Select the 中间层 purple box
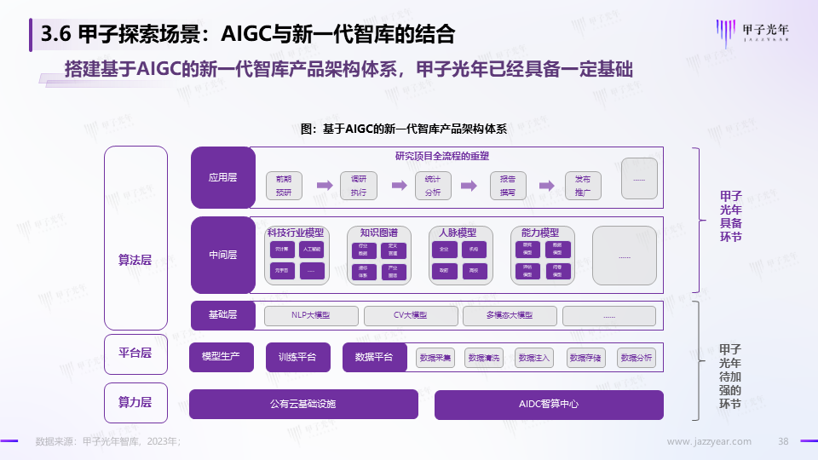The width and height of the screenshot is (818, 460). [222, 254]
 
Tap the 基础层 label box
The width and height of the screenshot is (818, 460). [222, 315]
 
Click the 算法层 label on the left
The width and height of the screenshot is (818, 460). [135, 260]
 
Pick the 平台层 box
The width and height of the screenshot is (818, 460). [135, 353]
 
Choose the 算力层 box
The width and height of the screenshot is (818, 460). [135, 403]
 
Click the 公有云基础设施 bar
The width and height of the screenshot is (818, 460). [303, 404]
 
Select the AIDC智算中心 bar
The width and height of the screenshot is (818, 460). [549, 404]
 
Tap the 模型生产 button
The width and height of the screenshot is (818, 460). [222, 357]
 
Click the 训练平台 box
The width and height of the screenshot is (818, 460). [297, 357]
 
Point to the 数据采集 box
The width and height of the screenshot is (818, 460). [435, 358]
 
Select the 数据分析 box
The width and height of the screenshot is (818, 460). [637, 358]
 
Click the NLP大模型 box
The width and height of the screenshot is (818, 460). [310, 316]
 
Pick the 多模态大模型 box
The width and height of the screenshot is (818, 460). [509, 316]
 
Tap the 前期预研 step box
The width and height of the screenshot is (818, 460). [284, 186]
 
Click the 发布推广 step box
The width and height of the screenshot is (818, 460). [583, 186]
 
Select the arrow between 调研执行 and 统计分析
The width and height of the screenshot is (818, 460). [398, 185]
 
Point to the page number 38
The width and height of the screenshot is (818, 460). [783, 441]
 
